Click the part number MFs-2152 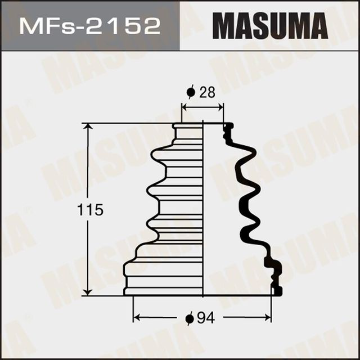90,26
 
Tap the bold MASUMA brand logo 270,26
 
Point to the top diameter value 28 207,93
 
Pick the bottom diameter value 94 207,318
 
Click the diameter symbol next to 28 191,93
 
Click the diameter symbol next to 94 190,319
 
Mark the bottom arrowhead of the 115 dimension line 87,291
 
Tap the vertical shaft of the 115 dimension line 87,169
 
